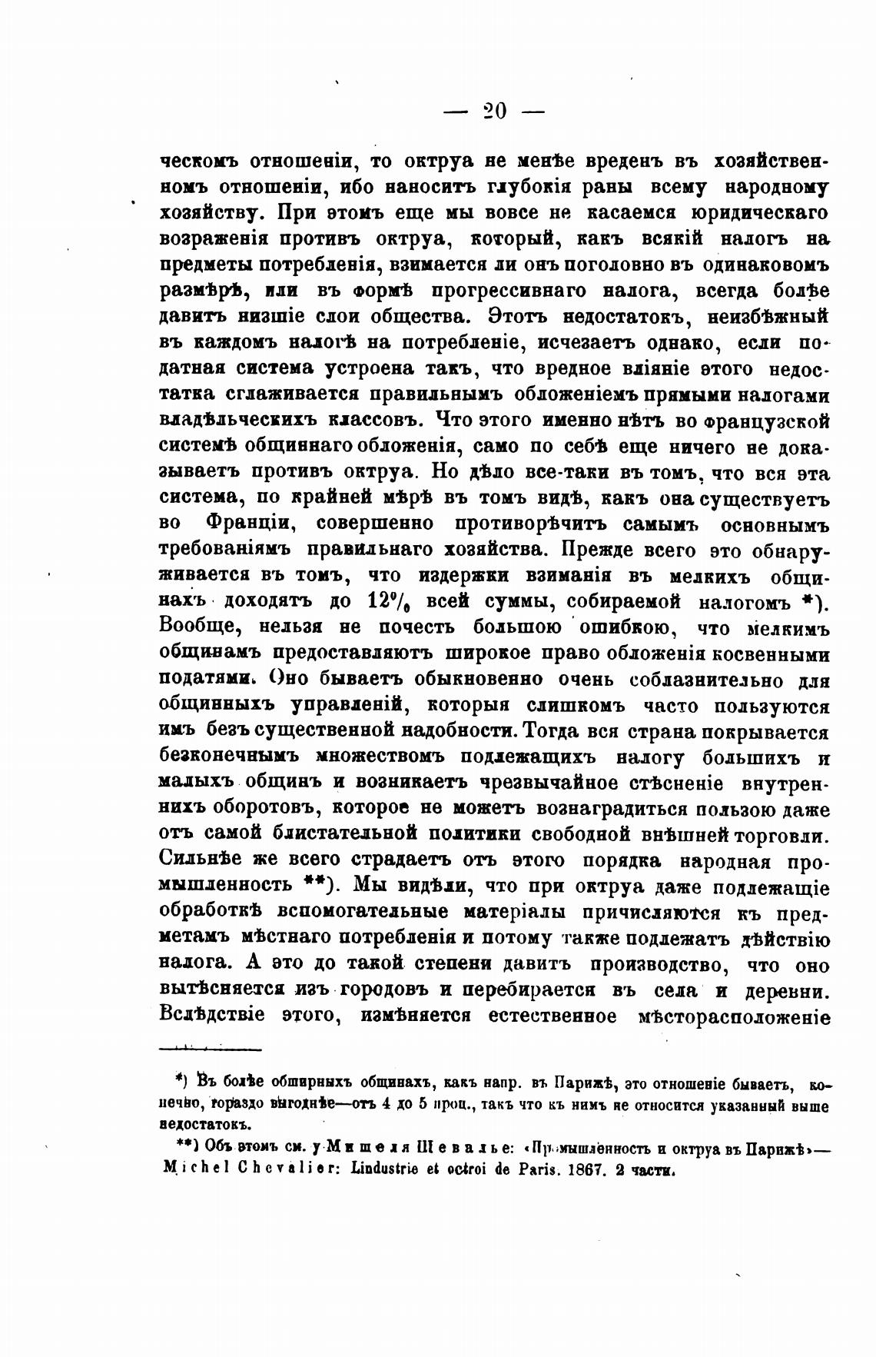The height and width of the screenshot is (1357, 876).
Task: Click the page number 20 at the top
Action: (x=495, y=111)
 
